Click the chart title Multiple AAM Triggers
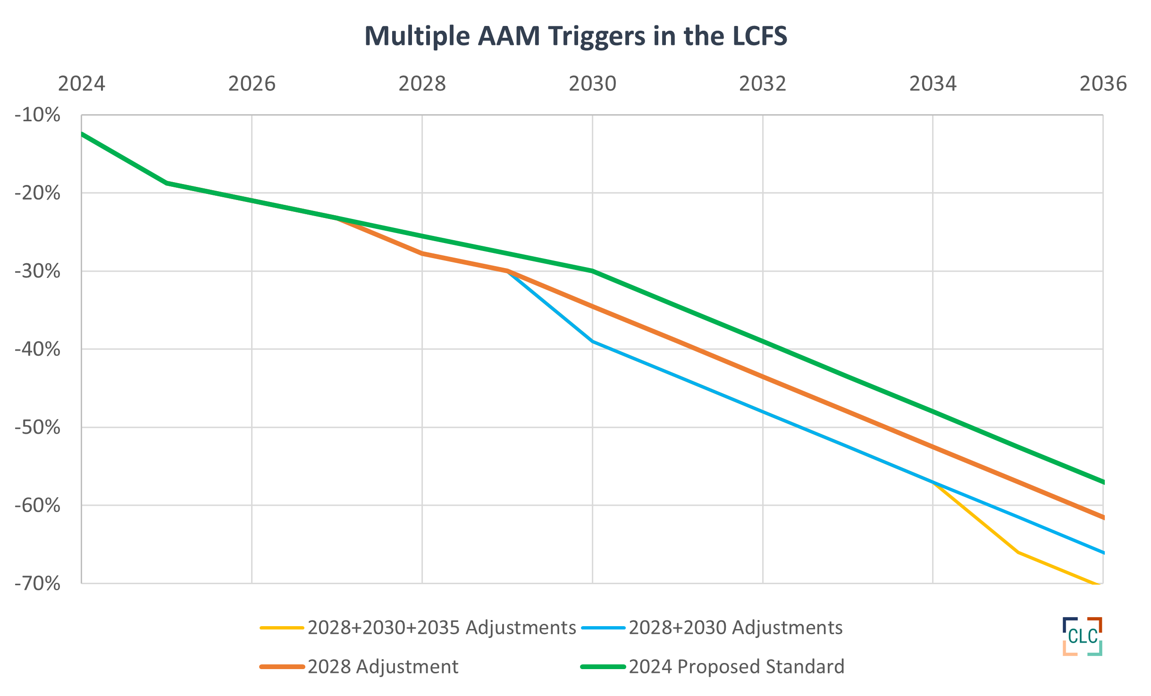click(x=575, y=36)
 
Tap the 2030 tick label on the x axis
click(x=592, y=84)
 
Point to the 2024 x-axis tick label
click(x=82, y=84)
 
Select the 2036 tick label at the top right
click(x=1103, y=84)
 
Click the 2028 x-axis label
click(x=422, y=84)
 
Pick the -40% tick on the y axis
click(x=38, y=349)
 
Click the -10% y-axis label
click(x=38, y=115)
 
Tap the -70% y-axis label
click(x=38, y=584)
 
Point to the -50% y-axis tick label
click(x=38, y=428)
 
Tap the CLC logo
click(x=1082, y=636)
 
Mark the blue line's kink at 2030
click(x=593, y=341)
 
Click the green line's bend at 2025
click(x=167, y=183)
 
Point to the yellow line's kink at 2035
click(x=1018, y=552)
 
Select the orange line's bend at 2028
click(x=422, y=253)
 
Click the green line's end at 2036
click(x=1102, y=482)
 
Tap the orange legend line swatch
click(x=282, y=667)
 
